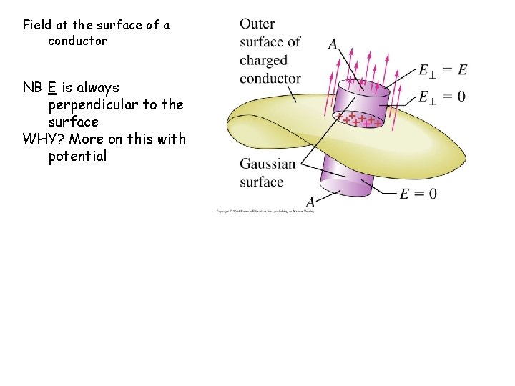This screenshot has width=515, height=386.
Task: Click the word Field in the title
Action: pyautogui.click(x=39, y=25)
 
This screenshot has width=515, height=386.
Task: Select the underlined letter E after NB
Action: pyautogui.click(x=52, y=88)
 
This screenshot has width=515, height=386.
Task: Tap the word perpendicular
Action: pyautogui.click(x=94, y=105)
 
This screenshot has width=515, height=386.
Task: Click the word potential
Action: pyautogui.click(x=77, y=157)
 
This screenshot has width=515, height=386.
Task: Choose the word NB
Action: pyautogui.click(x=32, y=88)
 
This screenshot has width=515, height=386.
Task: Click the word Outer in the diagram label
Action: pyautogui.click(x=257, y=24)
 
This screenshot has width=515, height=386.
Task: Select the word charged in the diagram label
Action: pyautogui.click(x=263, y=60)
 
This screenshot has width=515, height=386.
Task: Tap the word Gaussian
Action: pyautogui.click(x=268, y=164)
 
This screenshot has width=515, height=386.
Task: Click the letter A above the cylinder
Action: pyautogui.click(x=333, y=44)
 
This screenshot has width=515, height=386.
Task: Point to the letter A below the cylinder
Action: pyautogui.click(x=310, y=202)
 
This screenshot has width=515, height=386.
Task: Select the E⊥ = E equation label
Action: pyautogui.click(x=443, y=69)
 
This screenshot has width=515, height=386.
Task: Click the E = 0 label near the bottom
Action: pyautogui.click(x=418, y=193)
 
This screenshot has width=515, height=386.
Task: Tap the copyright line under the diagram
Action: pyautogui.click(x=265, y=211)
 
